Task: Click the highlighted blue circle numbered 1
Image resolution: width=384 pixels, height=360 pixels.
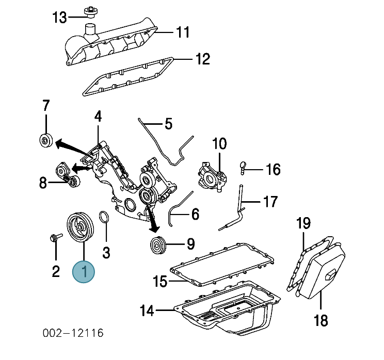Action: click(x=84, y=272)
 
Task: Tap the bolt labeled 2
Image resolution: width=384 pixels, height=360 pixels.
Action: click(x=56, y=237)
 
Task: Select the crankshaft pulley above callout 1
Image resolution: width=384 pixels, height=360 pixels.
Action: click(x=81, y=227)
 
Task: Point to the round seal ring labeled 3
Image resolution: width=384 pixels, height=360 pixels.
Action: click(x=104, y=217)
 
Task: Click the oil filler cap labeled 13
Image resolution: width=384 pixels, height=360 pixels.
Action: click(x=91, y=12)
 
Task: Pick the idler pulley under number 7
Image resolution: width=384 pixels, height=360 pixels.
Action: click(x=46, y=140)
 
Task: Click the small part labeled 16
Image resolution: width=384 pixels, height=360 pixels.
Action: click(x=243, y=168)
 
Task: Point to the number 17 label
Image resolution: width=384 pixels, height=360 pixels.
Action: click(x=270, y=202)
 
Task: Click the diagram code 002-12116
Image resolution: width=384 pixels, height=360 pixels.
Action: click(x=73, y=333)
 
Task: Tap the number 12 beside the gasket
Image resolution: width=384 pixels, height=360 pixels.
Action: click(x=203, y=59)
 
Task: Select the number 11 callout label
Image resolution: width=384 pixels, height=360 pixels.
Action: click(x=183, y=32)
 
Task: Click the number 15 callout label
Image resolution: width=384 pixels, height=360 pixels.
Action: click(x=160, y=281)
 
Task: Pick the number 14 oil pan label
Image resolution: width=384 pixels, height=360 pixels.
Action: click(x=147, y=310)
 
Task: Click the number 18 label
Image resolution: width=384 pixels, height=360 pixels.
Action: click(x=321, y=320)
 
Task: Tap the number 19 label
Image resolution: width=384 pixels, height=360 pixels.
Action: click(x=303, y=223)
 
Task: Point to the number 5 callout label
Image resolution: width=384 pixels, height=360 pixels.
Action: click(x=168, y=124)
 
